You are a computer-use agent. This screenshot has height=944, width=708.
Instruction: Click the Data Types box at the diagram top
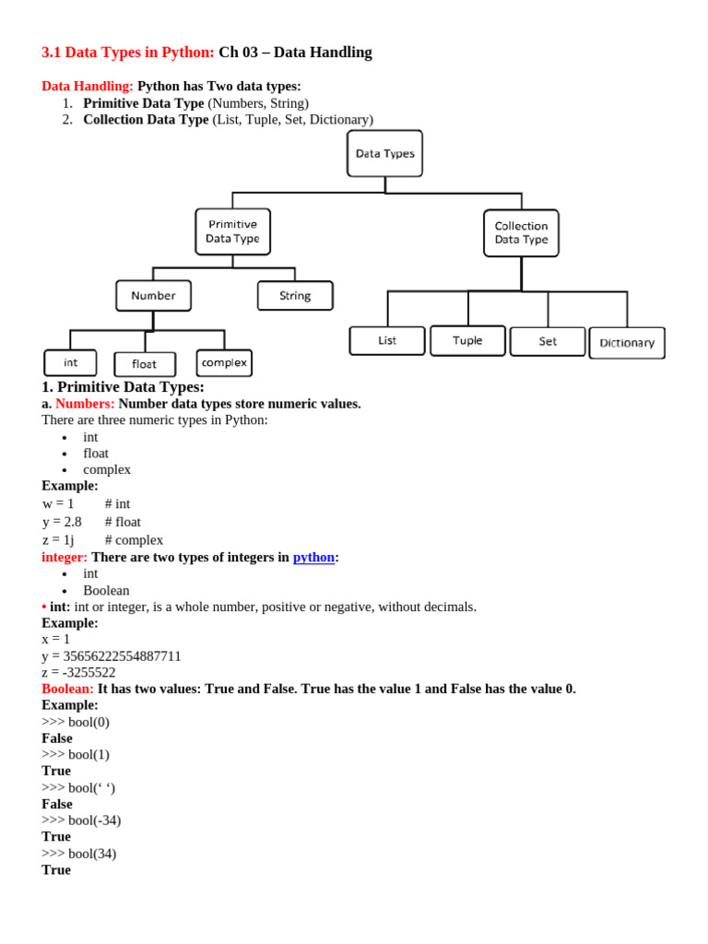(384, 154)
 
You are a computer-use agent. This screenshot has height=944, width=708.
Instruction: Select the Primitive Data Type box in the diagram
(232, 231)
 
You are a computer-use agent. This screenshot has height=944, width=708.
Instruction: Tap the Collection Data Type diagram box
(521, 232)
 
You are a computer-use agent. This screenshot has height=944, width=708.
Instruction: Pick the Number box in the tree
(153, 296)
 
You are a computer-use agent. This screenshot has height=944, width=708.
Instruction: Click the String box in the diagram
(295, 296)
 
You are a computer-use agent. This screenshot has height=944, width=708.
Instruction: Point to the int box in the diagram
(70, 362)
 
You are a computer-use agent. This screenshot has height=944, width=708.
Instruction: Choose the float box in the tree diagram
(145, 364)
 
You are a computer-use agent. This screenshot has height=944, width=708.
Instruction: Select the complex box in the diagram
(224, 362)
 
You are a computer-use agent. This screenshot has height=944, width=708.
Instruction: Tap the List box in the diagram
(387, 340)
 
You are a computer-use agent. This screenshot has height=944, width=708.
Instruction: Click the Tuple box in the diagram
(467, 340)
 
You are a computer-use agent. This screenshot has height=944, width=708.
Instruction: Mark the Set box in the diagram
(548, 341)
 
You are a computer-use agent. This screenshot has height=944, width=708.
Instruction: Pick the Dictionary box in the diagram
(627, 343)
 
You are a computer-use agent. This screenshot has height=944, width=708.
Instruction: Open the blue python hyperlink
(313, 558)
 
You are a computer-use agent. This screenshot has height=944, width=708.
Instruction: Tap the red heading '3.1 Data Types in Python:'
(128, 53)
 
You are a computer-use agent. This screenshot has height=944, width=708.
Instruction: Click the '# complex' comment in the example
(134, 540)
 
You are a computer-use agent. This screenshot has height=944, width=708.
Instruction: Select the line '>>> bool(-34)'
(81, 820)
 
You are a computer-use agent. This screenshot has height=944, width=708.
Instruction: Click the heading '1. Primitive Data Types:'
(123, 387)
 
